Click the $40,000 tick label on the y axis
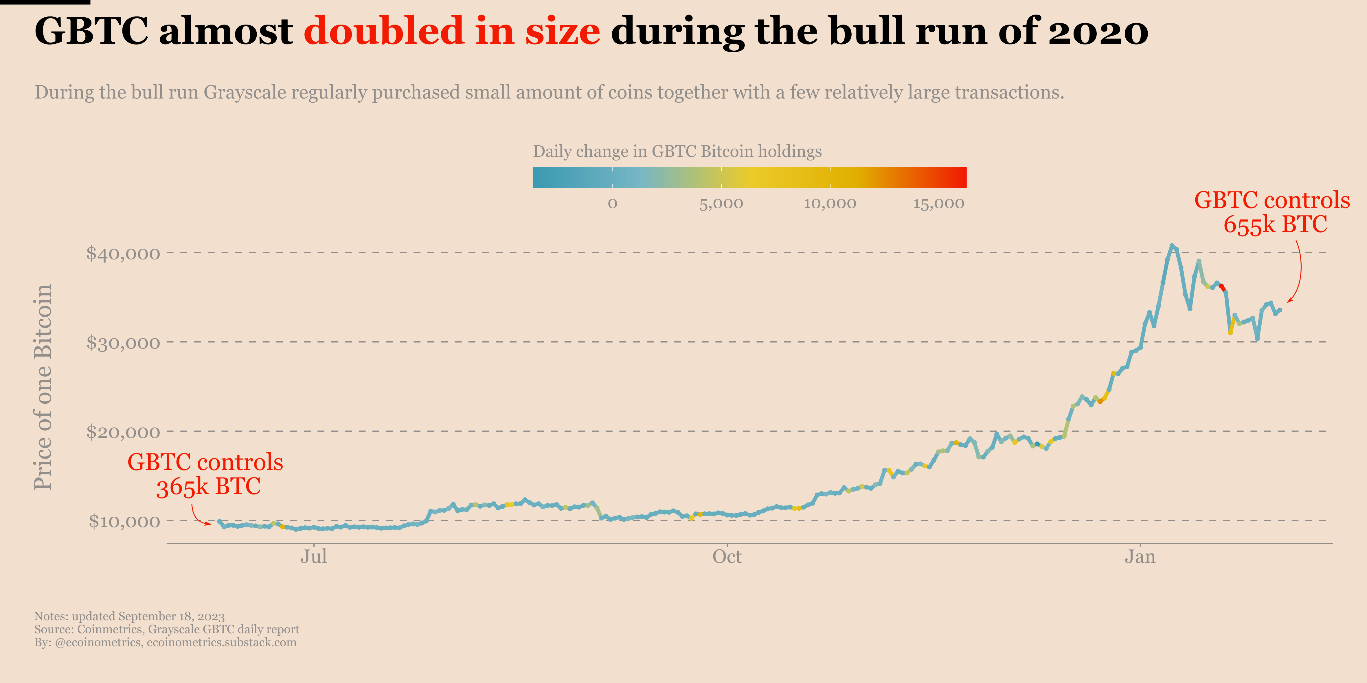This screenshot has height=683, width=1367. pyautogui.click(x=123, y=254)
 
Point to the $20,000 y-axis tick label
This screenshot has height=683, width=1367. pyautogui.click(x=123, y=432)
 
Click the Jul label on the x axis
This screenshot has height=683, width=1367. pyautogui.click(x=314, y=557)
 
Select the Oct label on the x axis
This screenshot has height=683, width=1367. pyautogui.click(x=727, y=557)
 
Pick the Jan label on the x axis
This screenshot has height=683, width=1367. pyautogui.click(x=1140, y=557)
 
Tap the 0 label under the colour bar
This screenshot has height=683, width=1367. pyautogui.click(x=612, y=204)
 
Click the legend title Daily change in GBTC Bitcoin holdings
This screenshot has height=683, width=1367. pyautogui.click(x=677, y=152)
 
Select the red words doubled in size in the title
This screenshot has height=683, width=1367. pyautogui.click(x=452, y=31)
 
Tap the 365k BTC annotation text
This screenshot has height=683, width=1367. pyautogui.click(x=208, y=486)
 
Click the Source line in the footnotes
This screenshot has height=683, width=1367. pyautogui.click(x=167, y=630)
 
